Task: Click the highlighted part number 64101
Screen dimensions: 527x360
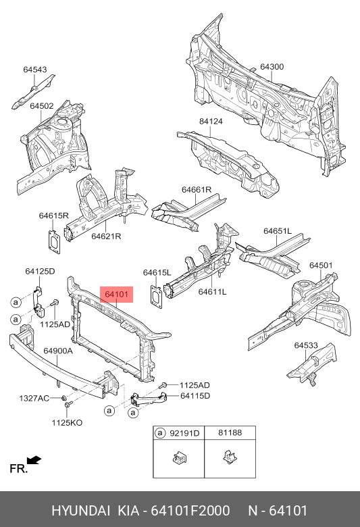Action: pyautogui.click(x=118, y=295)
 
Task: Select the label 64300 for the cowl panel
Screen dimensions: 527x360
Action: pyautogui.click(x=272, y=67)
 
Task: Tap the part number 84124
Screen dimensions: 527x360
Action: pyautogui.click(x=210, y=122)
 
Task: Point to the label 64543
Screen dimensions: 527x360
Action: pyautogui.click(x=35, y=70)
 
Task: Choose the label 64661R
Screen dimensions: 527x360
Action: pyautogui.click(x=197, y=190)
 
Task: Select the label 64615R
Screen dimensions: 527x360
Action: pyautogui.click(x=54, y=216)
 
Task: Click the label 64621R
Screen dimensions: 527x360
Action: pyautogui.click(x=107, y=236)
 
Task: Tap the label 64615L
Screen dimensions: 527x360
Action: pyautogui.click(x=157, y=272)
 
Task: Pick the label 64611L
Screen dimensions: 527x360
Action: pyautogui.click(x=212, y=292)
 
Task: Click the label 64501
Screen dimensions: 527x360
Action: pyautogui.click(x=321, y=266)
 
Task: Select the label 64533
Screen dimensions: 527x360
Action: pyautogui.click(x=306, y=345)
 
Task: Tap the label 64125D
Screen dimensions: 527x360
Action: pyautogui.click(x=40, y=271)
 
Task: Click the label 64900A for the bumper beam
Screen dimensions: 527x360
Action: pyautogui.click(x=58, y=351)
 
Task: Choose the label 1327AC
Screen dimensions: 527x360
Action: pyautogui.click(x=34, y=399)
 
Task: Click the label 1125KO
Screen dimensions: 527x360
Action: pyautogui.click(x=67, y=422)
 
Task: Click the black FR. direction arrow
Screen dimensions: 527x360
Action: pyautogui.click(x=34, y=460)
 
